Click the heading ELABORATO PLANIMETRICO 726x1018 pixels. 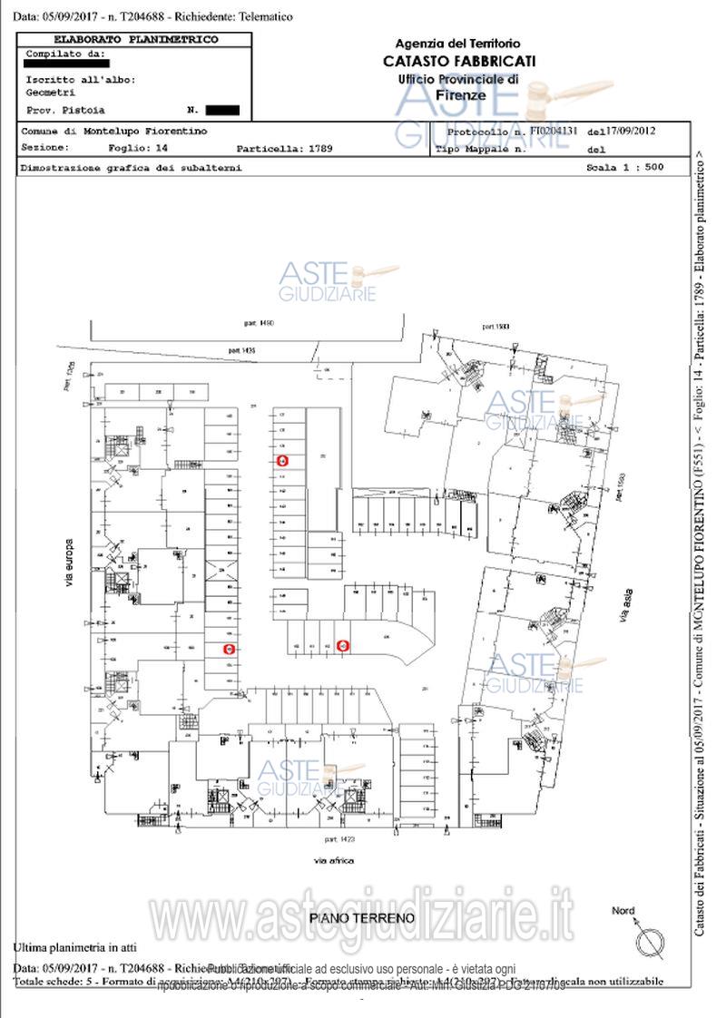(136, 40)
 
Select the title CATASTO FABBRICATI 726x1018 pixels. (459, 62)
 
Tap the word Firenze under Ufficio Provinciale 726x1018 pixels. (461, 95)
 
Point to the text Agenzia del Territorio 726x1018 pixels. (458, 44)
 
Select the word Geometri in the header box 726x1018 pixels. (52, 92)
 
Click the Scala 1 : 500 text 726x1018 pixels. (625, 168)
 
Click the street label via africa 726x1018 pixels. (334, 860)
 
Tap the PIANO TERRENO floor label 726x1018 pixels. (362, 917)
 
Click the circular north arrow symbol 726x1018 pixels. (650, 942)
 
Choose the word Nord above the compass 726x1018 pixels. (623, 911)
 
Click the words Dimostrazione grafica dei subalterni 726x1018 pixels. (131, 168)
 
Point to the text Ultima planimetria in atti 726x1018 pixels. (74, 948)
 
